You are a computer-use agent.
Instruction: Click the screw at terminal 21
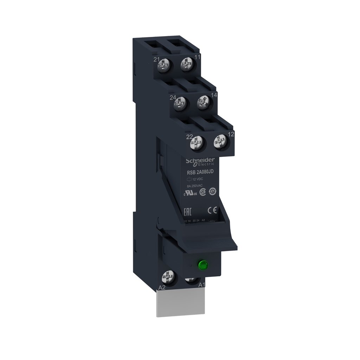pyautogui.click(x=164, y=64)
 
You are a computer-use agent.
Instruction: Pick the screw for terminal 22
pyautogui.click(x=197, y=143)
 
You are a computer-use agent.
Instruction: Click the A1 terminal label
pyautogui.click(x=202, y=285)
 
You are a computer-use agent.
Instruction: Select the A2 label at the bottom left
pyautogui.click(x=162, y=287)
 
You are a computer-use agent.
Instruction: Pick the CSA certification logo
pyautogui.click(x=202, y=192)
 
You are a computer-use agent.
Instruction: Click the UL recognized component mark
pyautogui.click(x=190, y=193)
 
